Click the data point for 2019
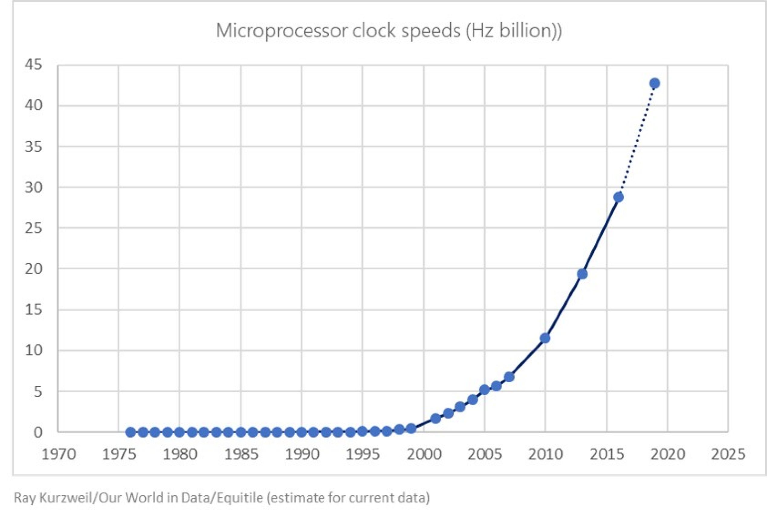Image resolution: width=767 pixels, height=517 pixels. tap(655, 84)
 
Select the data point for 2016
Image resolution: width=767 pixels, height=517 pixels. tap(619, 197)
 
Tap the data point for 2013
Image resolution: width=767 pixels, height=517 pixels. tap(582, 274)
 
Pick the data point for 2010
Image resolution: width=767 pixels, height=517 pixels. tap(545, 338)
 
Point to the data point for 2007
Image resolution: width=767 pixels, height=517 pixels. tap(509, 377)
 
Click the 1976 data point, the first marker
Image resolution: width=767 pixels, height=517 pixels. tap(131, 432)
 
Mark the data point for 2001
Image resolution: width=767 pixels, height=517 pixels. tap(435, 419)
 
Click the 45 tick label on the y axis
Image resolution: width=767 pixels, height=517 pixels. tap(34, 65)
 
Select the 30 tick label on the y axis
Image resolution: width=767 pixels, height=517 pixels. tap(34, 188)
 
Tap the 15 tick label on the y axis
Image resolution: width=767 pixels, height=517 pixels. tap(34, 310)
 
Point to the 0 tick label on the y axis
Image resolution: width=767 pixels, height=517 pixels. tap(38, 432)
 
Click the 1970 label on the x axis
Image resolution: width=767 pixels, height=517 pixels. tap(58, 454)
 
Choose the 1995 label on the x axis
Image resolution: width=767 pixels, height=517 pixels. tap(363, 454)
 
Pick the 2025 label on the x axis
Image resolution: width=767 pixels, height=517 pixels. tap(728, 454)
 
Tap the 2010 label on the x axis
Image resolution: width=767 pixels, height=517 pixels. tap(545, 454)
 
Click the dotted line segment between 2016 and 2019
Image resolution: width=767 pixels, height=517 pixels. tap(637, 140)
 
